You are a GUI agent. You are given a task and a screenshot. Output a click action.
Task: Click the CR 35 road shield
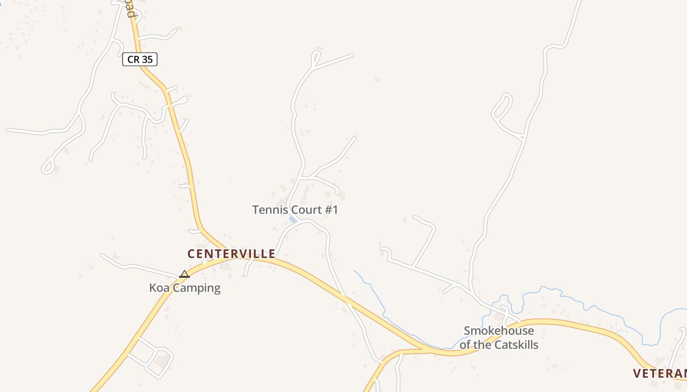(140, 60)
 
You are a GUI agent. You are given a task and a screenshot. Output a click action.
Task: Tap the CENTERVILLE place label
(231, 254)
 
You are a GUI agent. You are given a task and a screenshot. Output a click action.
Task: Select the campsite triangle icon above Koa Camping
(185, 274)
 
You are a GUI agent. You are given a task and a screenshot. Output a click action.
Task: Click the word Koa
(159, 288)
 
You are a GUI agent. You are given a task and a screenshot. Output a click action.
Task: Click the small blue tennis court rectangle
(293, 220)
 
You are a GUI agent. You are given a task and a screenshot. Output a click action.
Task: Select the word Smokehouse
(499, 331)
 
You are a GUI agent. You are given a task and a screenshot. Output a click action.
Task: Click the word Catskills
(516, 345)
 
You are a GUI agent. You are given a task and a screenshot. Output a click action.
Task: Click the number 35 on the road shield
(147, 60)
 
